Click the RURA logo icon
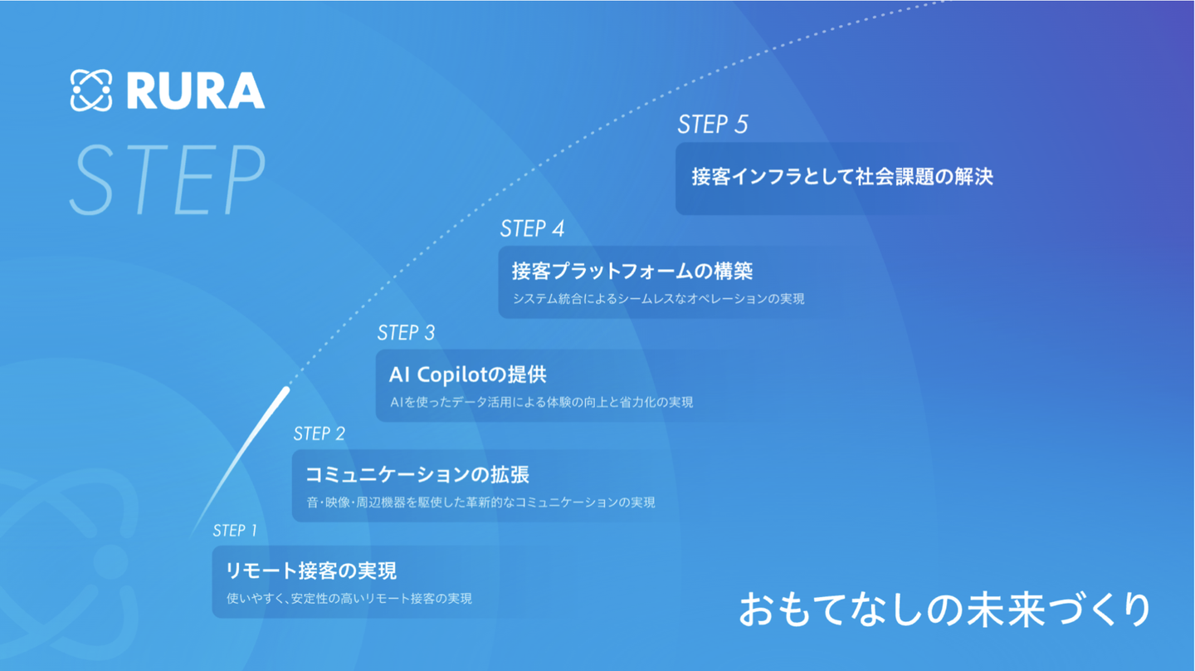coord(91,91)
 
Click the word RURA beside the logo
coord(196,91)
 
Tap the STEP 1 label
coord(235,531)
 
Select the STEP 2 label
coord(319,433)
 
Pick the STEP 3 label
coord(406,333)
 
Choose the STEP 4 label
coord(532,228)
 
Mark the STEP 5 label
coord(712,125)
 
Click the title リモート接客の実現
coord(311,571)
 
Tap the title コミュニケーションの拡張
coord(417,475)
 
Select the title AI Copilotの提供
coord(467,375)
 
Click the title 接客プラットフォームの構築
coord(632,271)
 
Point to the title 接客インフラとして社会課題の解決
coord(842,176)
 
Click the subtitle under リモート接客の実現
coord(349,598)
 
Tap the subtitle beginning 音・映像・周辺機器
coord(480,502)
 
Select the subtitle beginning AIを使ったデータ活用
coord(541,402)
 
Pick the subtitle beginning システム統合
coord(658,298)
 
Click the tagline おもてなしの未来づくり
coord(944,610)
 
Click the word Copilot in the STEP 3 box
coord(451,375)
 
